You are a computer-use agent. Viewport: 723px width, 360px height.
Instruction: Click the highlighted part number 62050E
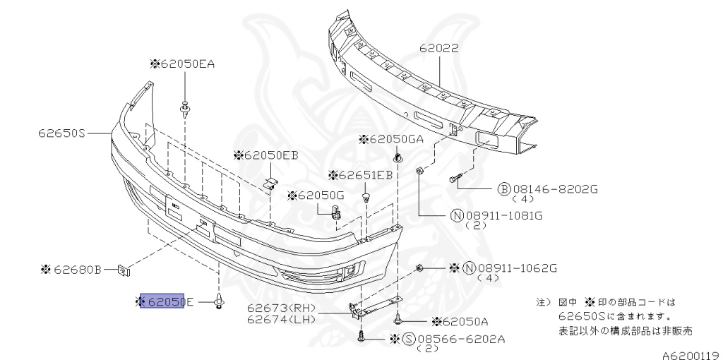pos(164,302)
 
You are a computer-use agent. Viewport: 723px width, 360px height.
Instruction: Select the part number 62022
pos(439,49)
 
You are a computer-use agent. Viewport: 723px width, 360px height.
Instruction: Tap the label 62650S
pos(62,132)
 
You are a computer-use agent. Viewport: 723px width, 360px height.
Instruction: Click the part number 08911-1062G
pos(518,268)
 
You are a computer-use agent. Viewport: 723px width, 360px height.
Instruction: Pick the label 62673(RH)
pos(280,308)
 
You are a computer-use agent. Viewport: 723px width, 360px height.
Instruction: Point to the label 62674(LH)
pos(280,320)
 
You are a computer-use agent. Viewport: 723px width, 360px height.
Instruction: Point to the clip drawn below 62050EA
pos(186,109)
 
